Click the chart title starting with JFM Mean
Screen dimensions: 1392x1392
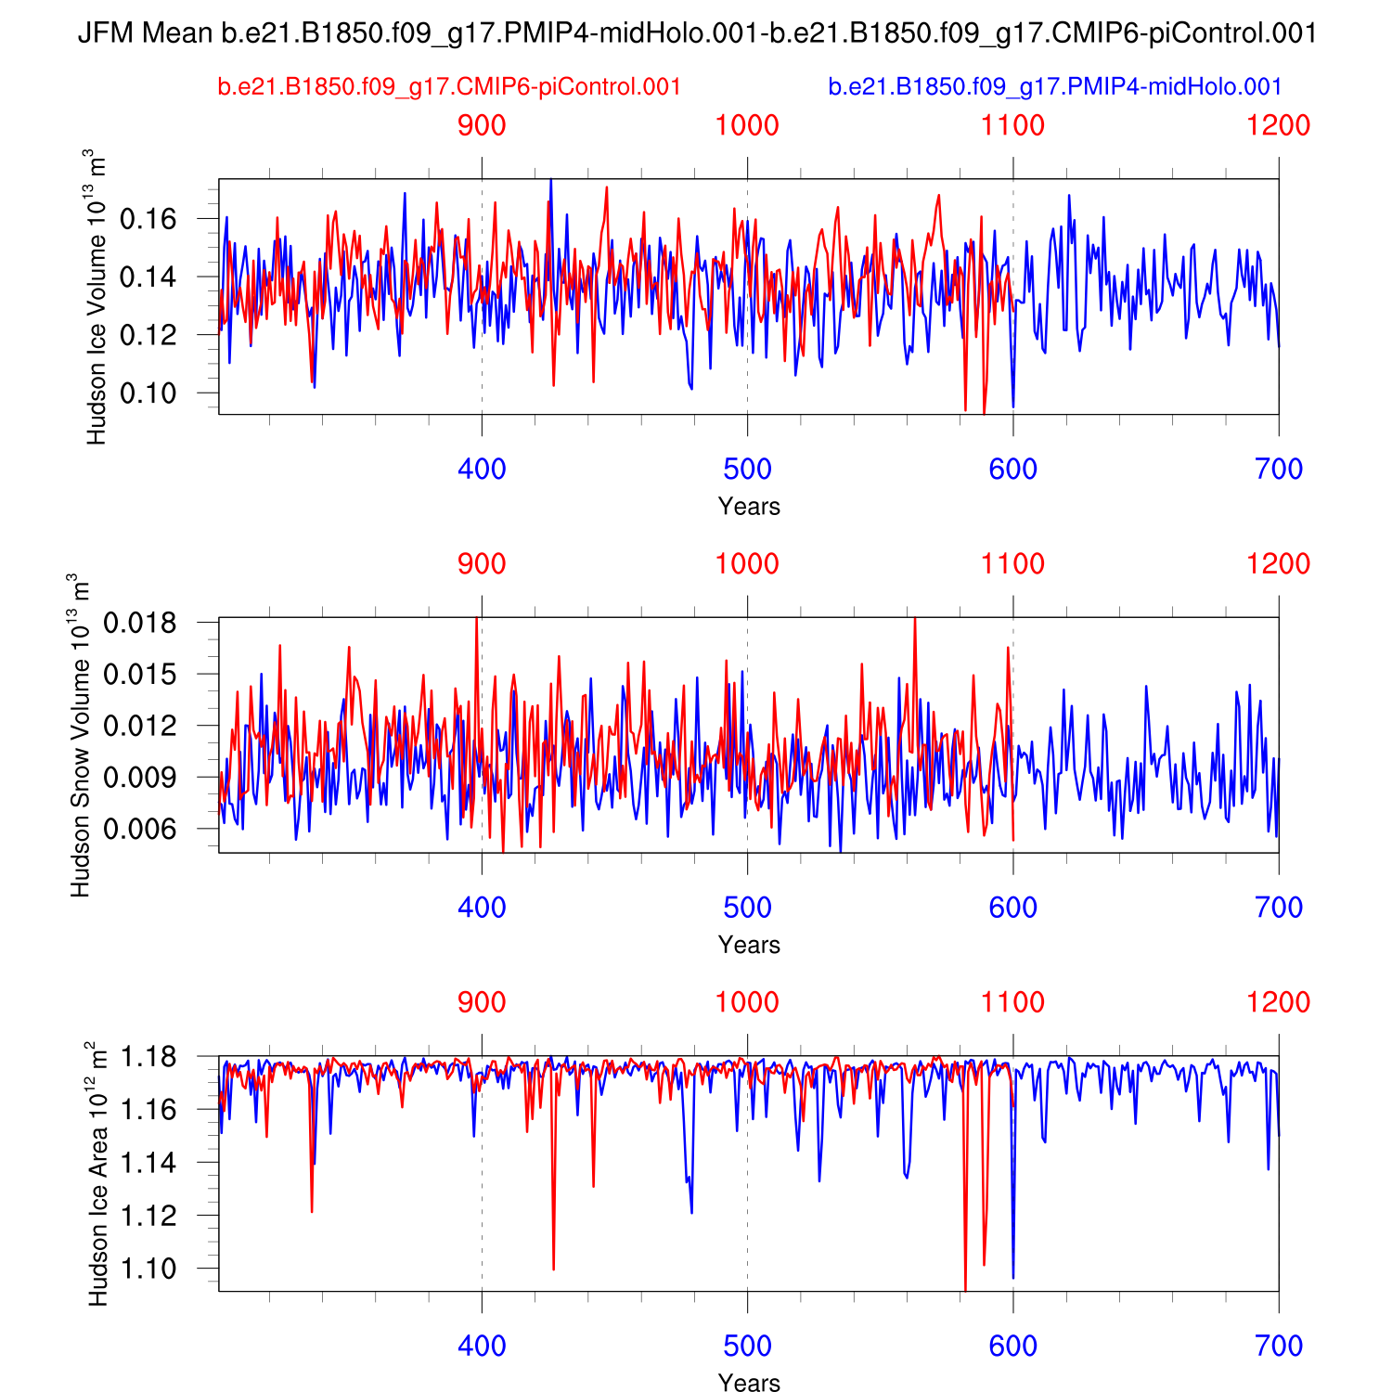coord(697,33)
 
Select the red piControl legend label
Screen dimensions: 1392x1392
coord(450,87)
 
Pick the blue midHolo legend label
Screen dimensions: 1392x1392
coord(1055,87)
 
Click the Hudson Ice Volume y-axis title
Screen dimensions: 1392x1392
coord(96,297)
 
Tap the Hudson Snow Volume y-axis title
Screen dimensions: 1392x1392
coord(80,735)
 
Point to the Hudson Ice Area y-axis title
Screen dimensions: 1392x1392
coord(97,1174)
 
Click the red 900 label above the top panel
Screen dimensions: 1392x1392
coord(482,125)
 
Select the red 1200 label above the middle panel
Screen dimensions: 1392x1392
coord(1279,564)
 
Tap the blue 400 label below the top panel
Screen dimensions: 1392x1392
coord(482,470)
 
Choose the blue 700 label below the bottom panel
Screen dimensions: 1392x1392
coord(1279,1347)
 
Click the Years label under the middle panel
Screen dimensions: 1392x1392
coord(749,945)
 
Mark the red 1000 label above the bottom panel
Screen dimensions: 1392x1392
coord(747,1002)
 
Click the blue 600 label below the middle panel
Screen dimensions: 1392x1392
coord(1012,908)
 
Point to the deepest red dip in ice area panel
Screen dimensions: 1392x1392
coord(965,1288)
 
